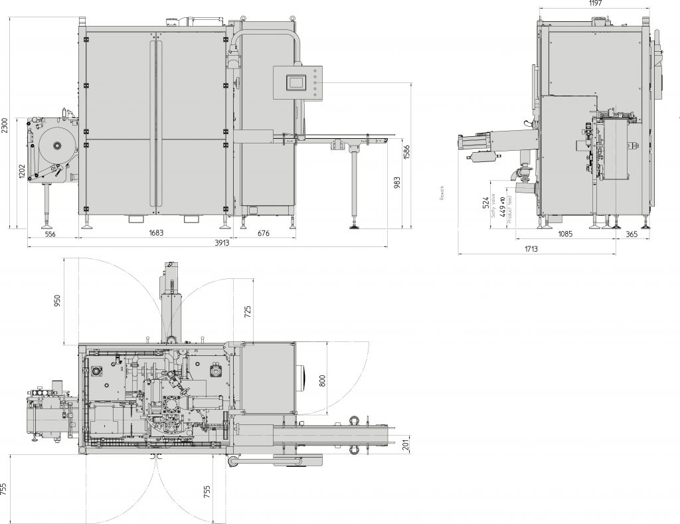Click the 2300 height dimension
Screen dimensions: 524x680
(x=5, y=126)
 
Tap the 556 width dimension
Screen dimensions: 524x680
(x=50, y=234)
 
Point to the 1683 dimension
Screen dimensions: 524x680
(x=156, y=234)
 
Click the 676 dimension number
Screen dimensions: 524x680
(x=264, y=234)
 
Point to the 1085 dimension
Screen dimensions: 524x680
(x=566, y=234)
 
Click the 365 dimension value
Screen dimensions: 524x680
(x=631, y=234)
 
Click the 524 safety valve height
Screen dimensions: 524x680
(x=485, y=202)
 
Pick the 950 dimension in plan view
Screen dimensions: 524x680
(x=57, y=300)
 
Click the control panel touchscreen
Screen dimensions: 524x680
(x=294, y=82)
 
